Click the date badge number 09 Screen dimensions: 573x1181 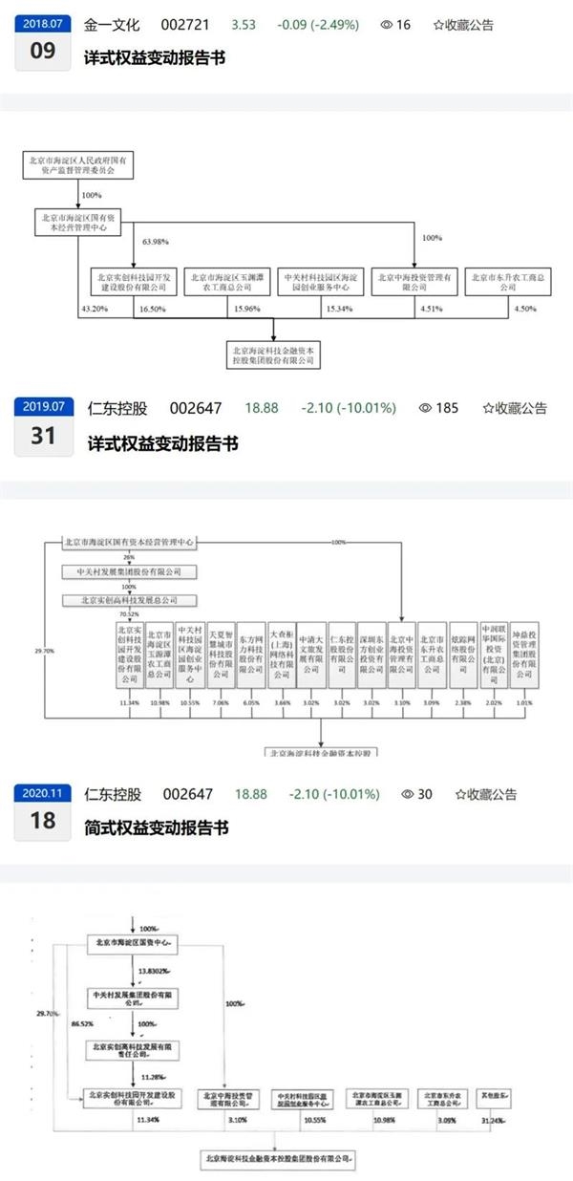(44, 51)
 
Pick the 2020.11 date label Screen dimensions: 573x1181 (44, 793)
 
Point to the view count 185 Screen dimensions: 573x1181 (448, 408)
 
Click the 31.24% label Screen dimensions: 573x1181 (494, 1119)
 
